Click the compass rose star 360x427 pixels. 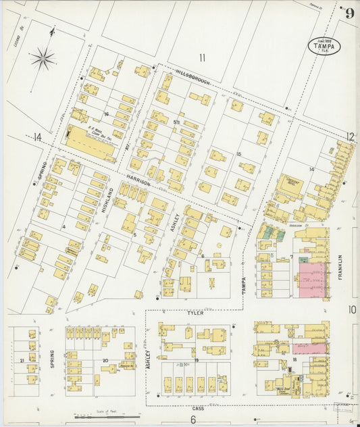43,59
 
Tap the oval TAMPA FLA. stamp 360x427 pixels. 324,45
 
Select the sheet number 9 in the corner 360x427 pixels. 349,13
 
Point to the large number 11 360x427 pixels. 201,57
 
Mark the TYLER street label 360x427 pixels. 196,313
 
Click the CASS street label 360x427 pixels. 197,408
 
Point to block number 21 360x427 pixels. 23,361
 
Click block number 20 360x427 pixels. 105,361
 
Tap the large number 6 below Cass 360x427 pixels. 192,420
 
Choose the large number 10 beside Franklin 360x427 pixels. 352,309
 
